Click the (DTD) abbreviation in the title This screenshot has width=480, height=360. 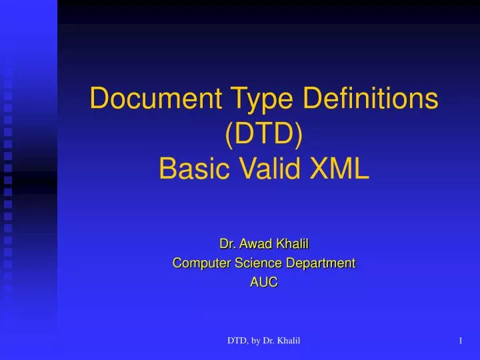coord(264,135)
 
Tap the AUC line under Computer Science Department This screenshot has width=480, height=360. coord(264,282)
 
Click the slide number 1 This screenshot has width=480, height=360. coord(461,342)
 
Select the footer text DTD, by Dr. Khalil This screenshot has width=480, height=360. coord(264,342)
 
